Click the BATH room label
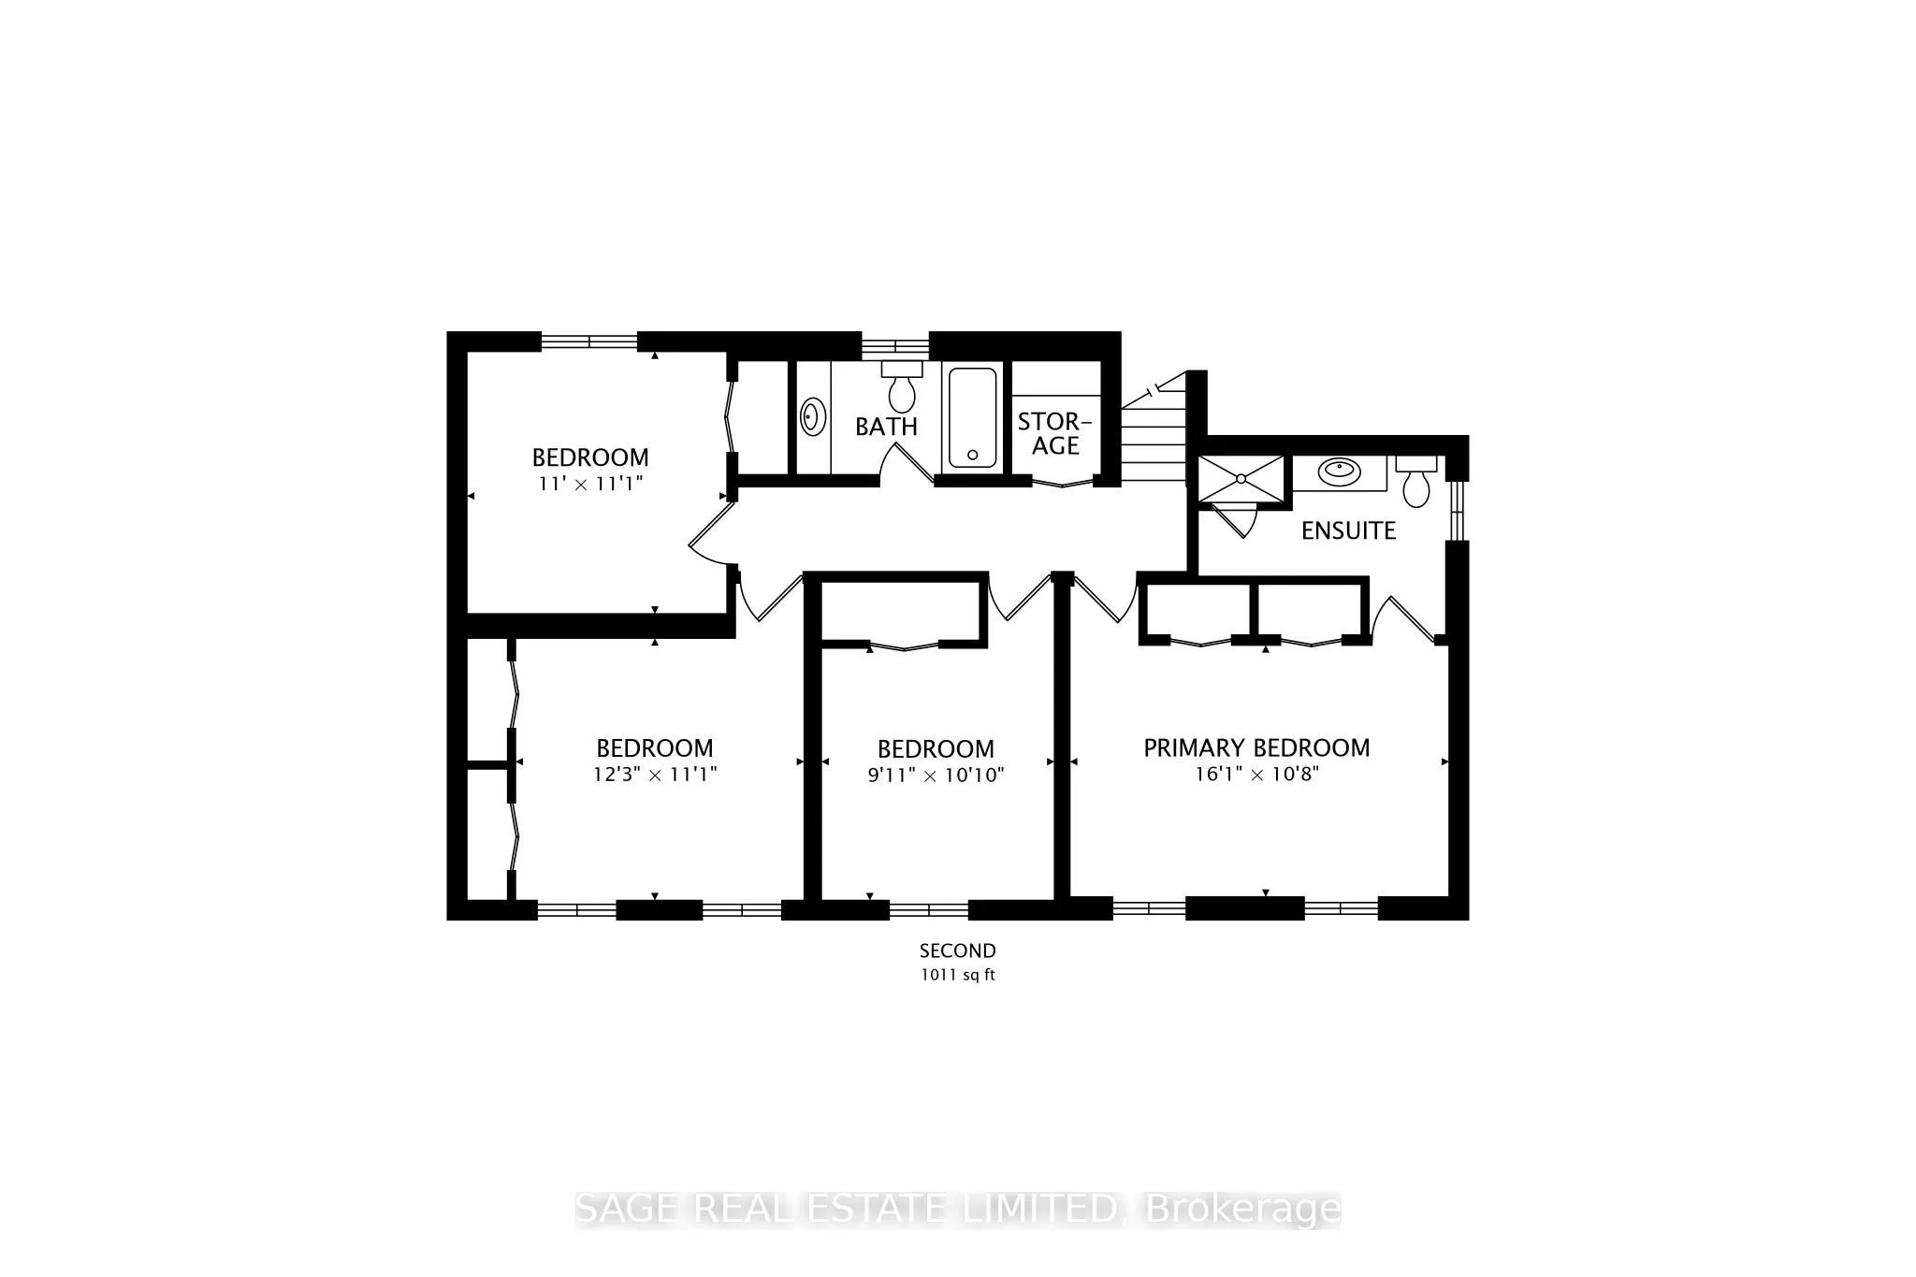pos(886,427)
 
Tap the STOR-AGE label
pos(1055,433)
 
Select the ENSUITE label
pos(1348,530)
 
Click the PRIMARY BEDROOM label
pos(1256,747)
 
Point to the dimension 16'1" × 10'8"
pos(1256,775)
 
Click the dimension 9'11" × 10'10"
pos(936,776)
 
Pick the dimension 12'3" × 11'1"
pos(655,776)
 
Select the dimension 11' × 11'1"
pos(590,485)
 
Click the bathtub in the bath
pos(973,417)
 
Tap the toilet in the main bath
pos(902,387)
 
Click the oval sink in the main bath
pos(813,416)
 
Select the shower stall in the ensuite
pos(1241,478)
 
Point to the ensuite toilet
pos(1416,482)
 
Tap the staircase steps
pos(1154,440)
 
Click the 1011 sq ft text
pos(957,975)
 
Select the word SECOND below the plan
pos(957,950)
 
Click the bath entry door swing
pos(907,463)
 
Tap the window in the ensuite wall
pos(1456,511)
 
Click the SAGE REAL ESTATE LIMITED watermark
pos(957,1209)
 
